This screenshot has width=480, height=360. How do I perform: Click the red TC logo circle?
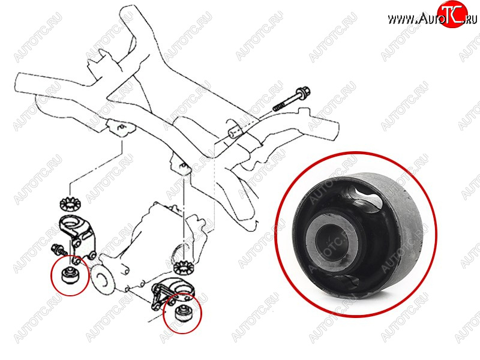pyautogui.click(x=452, y=14)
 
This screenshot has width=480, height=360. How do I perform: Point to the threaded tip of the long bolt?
pyautogui.click(x=277, y=107)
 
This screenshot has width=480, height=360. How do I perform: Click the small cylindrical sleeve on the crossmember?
pyautogui.click(x=235, y=131)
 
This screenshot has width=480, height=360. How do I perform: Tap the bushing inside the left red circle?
pyautogui.click(x=70, y=275)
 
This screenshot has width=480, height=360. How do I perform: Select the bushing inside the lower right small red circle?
pyautogui.click(x=182, y=313)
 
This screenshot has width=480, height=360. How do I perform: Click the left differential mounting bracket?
pyautogui.click(x=77, y=236)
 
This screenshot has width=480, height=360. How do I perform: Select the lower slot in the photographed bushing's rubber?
pyautogui.click(x=346, y=281)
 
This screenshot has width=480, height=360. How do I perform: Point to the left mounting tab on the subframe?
pyautogui.click(x=122, y=128)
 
